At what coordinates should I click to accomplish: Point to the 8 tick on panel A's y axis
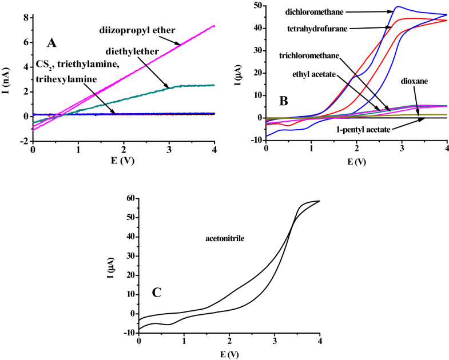click(26, 18)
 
